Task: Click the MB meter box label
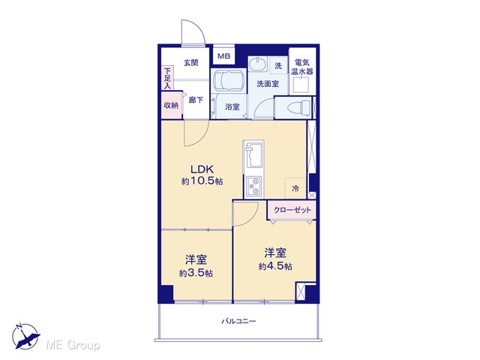(x=223, y=56)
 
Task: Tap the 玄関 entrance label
(x=191, y=63)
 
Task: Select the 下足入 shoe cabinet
(x=167, y=78)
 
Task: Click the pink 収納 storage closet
(x=172, y=105)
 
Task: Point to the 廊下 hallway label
(x=196, y=100)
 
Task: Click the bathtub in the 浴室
(x=229, y=80)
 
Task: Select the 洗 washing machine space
(x=278, y=66)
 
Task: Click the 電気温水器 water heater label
(x=302, y=67)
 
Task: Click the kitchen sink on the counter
(x=253, y=157)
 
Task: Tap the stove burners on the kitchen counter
(x=253, y=187)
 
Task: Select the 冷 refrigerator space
(x=295, y=188)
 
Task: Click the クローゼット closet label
(x=292, y=210)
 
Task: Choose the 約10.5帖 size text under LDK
(x=202, y=181)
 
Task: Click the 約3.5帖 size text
(x=196, y=273)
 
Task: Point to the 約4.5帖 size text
(x=275, y=266)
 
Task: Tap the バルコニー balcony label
(x=238, y=321)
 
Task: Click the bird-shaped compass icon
(x=25, y=336)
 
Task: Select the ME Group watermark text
(x=73, y=345)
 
